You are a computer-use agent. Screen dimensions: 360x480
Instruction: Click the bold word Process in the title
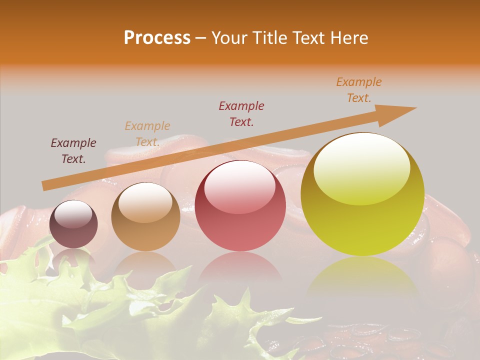[x=157, y=38]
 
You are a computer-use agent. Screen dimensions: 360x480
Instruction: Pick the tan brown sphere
[x=145, y=217]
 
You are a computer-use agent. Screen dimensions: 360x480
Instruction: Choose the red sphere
[x=240, y=206]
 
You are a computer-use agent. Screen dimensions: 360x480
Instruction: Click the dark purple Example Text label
[x=73, y=151]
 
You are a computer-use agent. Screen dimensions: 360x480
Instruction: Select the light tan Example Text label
[x=147, y=134]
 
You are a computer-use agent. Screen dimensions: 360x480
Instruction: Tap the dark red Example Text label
[x=241, y=113]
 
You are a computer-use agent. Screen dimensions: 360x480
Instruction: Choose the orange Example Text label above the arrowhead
[x=359, y=90]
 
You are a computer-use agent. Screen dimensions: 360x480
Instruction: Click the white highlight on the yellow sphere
[x=361, y=169]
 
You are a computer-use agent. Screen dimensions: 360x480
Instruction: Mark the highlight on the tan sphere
[x=145, y=202]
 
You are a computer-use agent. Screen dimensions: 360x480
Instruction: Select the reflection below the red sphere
[x=240, y=267]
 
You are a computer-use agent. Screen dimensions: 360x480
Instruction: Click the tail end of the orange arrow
[x=45, y=186]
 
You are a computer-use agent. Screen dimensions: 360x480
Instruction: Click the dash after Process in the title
[x=201, y=38]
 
